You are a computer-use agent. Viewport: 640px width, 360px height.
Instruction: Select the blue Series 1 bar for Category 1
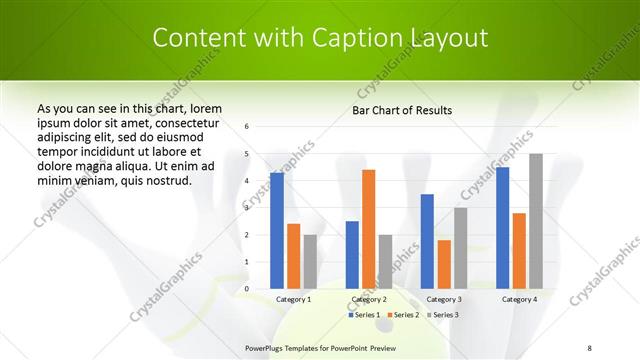pyautogui.click(x=276, y=231)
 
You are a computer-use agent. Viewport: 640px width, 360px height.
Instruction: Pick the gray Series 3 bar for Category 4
pyautogui.click(x=536, y=221)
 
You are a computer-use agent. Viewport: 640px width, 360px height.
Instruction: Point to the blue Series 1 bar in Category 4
pyautogui.click(x=502, y=228)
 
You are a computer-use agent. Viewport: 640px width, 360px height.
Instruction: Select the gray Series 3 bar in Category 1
pyautogui.click(x=310, y=262)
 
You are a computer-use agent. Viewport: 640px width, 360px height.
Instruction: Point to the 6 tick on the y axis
pyautogui.click(x=247, y=127)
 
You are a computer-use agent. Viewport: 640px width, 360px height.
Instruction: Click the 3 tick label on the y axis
pyautogui.click(x=247, y=208)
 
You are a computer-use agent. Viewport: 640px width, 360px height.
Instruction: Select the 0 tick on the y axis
pyautogui.click(x=247, y=289)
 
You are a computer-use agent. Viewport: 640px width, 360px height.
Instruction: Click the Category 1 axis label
pyautogui.click(x=293, y=299)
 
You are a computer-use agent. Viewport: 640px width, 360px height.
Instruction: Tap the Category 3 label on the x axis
pyautogui.click(x=444, y=299)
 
